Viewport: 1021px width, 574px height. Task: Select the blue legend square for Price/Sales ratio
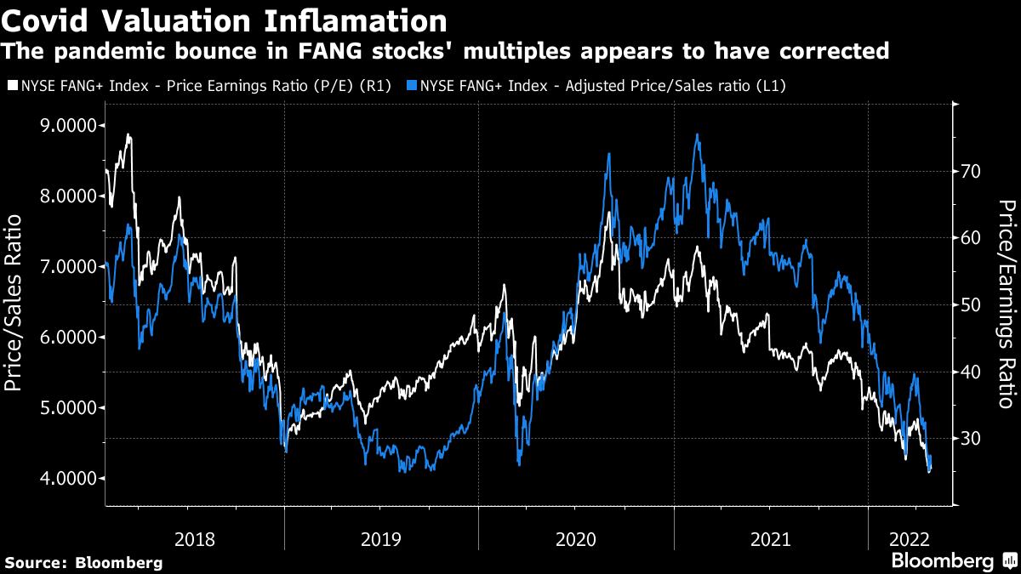click(411, 85)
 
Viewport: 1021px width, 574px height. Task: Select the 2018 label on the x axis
click(195, 538)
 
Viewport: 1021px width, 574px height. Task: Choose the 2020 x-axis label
click(576, 538)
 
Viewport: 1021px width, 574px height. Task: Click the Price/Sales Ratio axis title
click(14, 303)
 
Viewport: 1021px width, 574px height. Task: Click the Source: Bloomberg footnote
click(83, 562)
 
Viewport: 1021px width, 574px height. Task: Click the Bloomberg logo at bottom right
click(952, 560)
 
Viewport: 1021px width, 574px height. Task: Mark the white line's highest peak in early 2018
click(128, 134)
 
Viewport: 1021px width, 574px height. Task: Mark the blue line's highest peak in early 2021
click(697, 134)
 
